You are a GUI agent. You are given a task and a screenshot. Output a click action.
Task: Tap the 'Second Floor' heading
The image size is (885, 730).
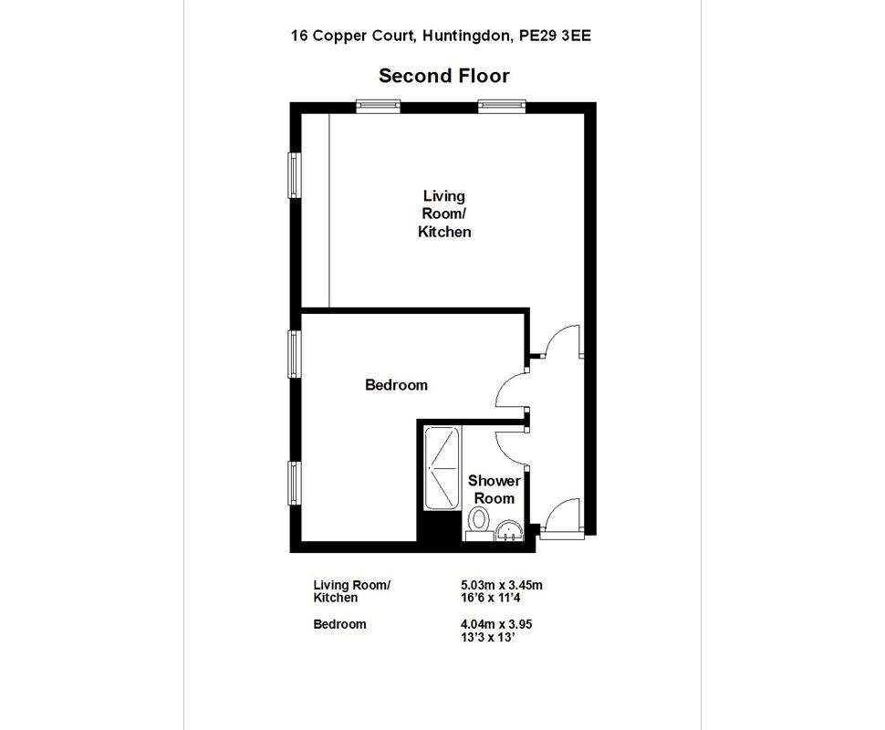point(443,76)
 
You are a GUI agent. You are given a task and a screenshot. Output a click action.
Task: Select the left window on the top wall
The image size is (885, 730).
point(379,105)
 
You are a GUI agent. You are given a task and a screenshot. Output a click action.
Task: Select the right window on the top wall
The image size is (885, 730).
point(502,105)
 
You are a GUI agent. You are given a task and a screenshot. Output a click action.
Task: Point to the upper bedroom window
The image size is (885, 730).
point(294,353)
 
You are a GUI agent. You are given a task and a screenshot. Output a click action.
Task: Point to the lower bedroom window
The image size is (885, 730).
point(294,483)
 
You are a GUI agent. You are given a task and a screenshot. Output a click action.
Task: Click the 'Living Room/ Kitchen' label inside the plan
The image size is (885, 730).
point(444,214)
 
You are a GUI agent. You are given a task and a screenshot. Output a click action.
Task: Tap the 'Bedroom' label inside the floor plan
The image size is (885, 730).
point(396,385)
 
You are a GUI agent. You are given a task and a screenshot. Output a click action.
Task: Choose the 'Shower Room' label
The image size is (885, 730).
point(494,489)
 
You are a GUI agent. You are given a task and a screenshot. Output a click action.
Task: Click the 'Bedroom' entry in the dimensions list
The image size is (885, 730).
point(339,624)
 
